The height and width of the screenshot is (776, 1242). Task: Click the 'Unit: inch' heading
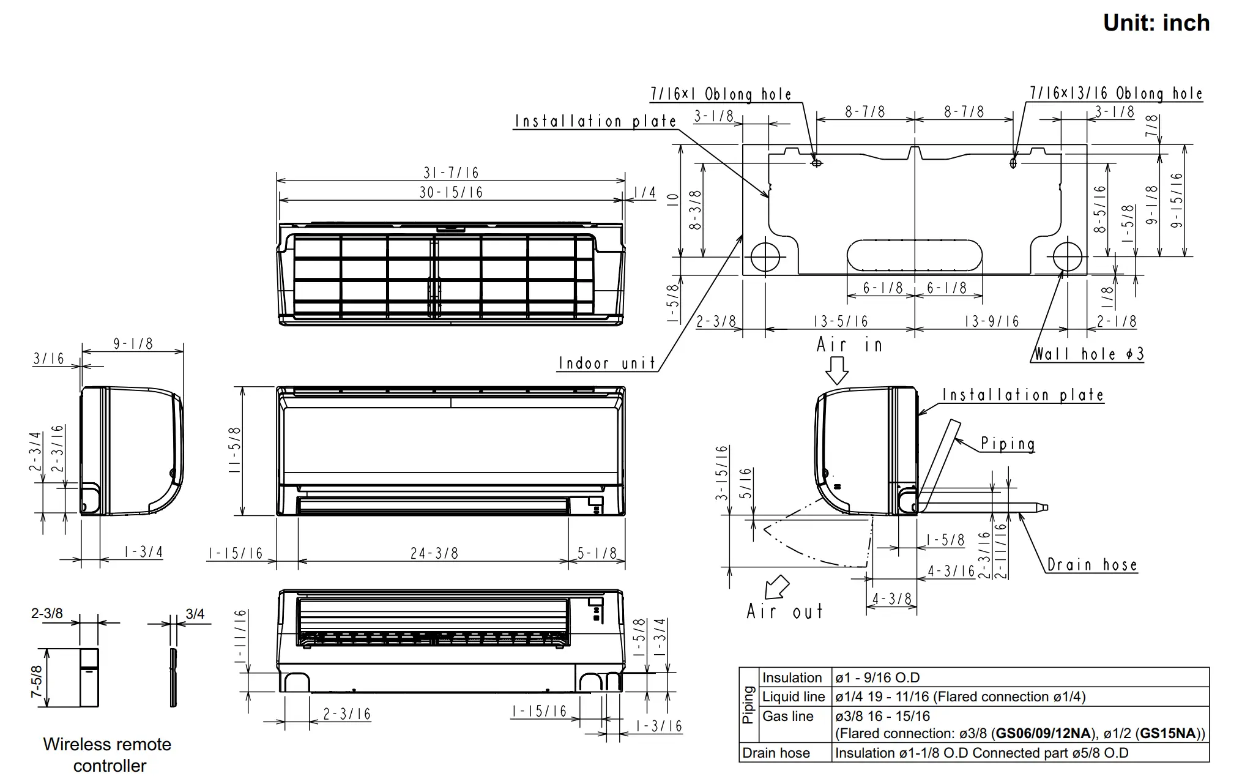coord(1156,23)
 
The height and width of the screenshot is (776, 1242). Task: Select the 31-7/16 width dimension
coord(451,173)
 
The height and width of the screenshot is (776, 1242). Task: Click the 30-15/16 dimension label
coord(451,192)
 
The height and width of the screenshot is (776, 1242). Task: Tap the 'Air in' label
coord(849,345)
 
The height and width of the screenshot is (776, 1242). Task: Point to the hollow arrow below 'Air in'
coord(836,370)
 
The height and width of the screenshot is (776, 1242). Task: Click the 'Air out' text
coord(784,611)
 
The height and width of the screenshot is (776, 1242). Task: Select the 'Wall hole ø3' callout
coord(1088,354)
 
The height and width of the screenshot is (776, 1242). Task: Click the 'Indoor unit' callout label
coord(607,364)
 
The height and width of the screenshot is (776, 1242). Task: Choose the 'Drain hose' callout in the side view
coord(1092,565)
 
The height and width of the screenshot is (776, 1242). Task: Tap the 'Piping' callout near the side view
coord(1008,444)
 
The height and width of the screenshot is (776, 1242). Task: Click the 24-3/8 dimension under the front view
coord(434,554)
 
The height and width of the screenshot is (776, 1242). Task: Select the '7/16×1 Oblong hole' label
coord(721,94)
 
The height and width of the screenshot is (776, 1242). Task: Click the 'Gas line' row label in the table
coord(787,716)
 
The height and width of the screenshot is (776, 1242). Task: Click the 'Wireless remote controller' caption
coord(108,755)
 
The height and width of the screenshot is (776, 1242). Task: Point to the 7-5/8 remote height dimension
coord(37,682)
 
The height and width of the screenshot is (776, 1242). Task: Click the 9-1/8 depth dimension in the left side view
coord(133,344)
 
